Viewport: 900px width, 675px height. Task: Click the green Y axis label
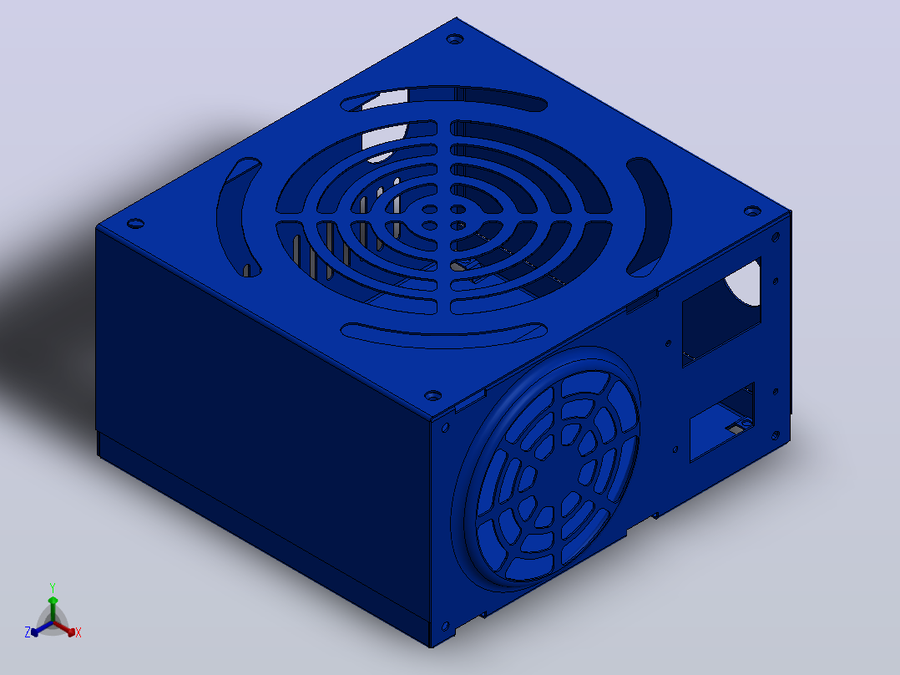(53, 587)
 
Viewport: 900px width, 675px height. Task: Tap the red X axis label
(78, 632)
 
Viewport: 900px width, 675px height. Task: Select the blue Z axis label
(28, 632)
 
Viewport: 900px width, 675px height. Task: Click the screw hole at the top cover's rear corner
(454, 39)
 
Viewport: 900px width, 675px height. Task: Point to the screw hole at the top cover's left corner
(135, 223)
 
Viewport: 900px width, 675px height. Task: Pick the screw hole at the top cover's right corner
(752, 211)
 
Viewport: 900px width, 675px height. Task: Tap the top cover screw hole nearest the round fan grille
(432, 396)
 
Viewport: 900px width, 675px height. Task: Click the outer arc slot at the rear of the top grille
(443, 99)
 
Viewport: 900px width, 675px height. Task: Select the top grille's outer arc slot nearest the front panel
(443, 335)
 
